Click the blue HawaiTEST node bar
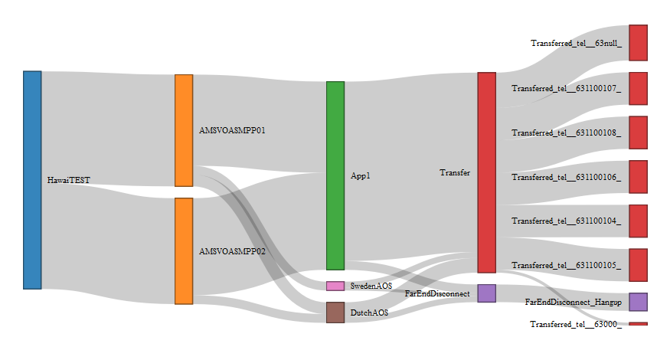click(x=32, y=180)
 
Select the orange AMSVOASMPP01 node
click(x=184, y=130)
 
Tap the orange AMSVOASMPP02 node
click(x=184, y=251)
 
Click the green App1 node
click(x=335, y=175)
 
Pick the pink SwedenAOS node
click(x=335, y=286)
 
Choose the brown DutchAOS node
click(x=335, y=312)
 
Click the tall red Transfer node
click(x=487, y=172)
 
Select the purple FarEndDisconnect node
click(x=487, y=293)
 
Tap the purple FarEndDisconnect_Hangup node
click(x=639, y=302)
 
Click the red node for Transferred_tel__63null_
click(x=639, y=42)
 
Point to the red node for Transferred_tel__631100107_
click(x=639, y=88)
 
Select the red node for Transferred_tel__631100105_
click(x=639, y=265)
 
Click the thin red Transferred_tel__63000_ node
click(x=639, y=324)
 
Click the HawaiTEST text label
click(x=69, y=181)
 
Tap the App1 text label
click(x=361, y=175)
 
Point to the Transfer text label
click(x=455, y=172)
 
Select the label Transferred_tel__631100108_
click(x=567, y=133)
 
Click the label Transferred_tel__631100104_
click(x=567, y=221)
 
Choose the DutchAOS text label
click(x=369, y=313)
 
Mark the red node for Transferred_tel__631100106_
click(x=639, y=177)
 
